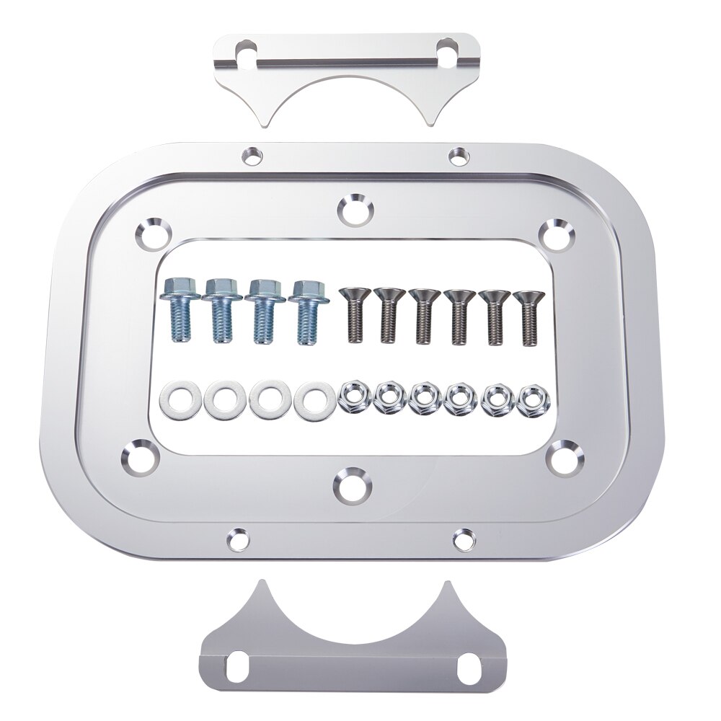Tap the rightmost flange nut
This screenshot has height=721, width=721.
[x=532, y=397]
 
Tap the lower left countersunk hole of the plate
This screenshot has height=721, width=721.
[x=139, y=454]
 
